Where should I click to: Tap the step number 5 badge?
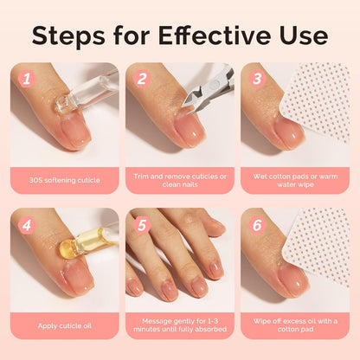(x=141, y=222)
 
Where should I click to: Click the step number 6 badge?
(x=256, y=222)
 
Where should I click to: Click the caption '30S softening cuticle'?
(x=64, y=180)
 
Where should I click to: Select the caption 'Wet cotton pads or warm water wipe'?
(x=294, y=180)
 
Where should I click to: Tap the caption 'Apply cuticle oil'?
(x=64, y=325)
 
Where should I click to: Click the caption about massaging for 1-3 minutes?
(x=180, y=325)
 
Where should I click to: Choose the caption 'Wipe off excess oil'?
(x=294, y=325)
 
